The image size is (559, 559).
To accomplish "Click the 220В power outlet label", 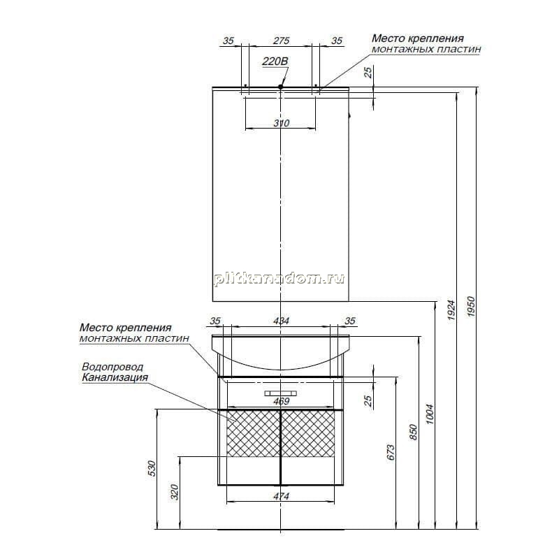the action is tap(275, 61).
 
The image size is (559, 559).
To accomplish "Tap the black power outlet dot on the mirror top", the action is tap(281, 87).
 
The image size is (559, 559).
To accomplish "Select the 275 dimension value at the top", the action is tap(281, 41).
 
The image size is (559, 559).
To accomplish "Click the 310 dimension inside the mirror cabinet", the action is tap(282, 123).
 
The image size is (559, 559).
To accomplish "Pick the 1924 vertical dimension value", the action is tap(451, 310).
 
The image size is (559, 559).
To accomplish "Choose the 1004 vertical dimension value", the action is tap(430, 414).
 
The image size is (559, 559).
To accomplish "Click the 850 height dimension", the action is tap(413, 432).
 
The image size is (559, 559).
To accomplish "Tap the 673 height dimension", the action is tap(391, 452).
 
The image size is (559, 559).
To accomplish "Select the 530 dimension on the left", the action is tap(152, 469).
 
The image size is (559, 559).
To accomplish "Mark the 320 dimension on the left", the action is tap(174, 492).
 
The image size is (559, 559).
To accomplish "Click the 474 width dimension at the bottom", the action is tap(281, 496).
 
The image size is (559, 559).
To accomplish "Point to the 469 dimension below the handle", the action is tap(281, 401).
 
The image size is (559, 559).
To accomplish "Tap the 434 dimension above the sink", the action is tap(281, 321).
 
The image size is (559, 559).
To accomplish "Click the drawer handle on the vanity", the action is tap(281, 393).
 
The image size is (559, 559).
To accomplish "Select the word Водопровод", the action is tap(112, 366).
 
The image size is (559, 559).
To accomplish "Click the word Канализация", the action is tap(115, 377).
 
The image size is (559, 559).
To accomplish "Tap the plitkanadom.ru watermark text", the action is tap(279, 278).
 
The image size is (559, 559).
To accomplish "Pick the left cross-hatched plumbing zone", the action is tap(254, 433).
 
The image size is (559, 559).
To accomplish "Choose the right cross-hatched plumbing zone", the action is tap(308, 433).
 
